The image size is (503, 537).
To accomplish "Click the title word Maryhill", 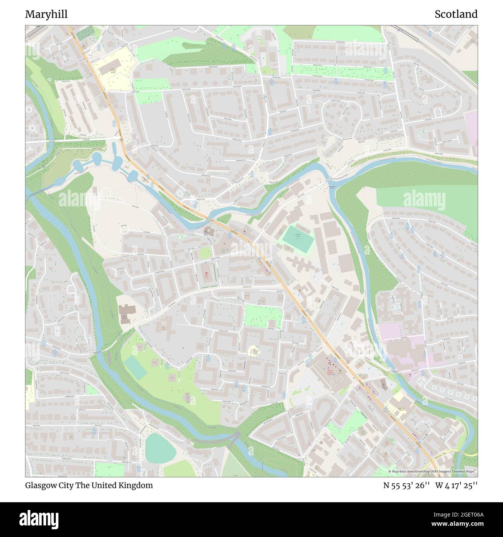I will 46,14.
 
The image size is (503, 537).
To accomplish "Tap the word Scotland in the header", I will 456,14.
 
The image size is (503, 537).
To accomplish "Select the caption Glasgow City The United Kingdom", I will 89,485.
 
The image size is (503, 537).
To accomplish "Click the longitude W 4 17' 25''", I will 456,485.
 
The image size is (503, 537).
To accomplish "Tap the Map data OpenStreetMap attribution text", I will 433,471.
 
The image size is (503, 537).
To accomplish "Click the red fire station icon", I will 206,275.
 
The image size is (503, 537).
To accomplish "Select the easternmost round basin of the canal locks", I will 133,175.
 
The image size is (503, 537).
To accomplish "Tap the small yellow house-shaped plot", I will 253,351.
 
